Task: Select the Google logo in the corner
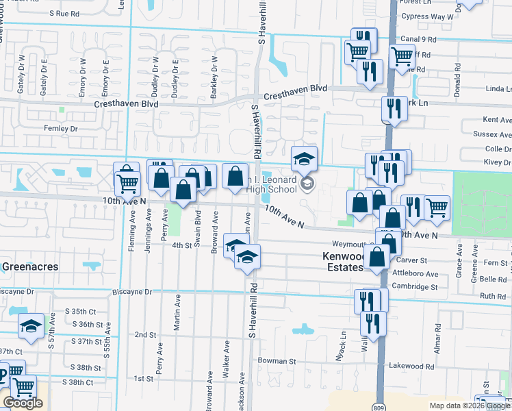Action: [23, 403]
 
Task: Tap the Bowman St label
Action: [277, 360]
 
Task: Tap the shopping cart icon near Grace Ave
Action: [437, 208]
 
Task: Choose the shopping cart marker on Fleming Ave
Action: [127, 182]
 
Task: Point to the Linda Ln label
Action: [498, 89]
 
